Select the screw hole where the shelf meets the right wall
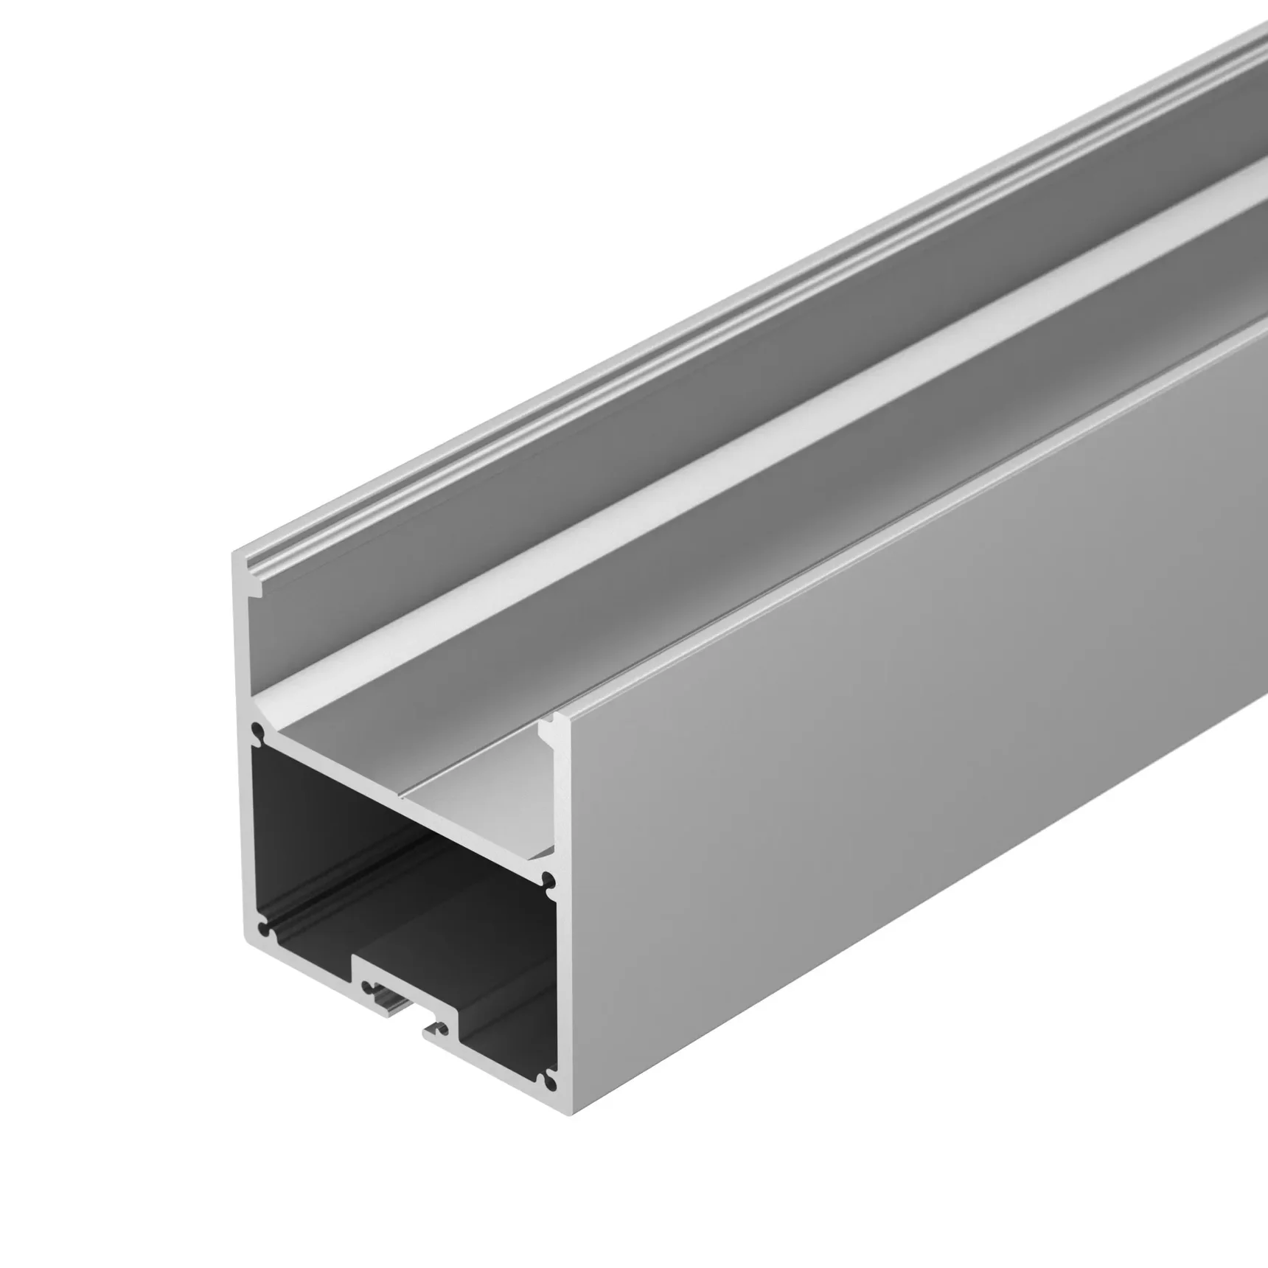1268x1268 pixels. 548,879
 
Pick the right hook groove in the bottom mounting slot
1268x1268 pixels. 440,1025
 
